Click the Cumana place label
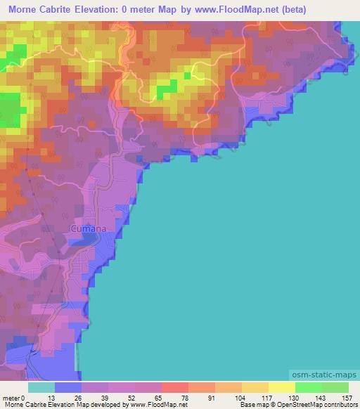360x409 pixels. tap(89, 228)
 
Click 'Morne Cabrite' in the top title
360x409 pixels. tap(41, 10)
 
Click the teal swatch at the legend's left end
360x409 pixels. tap(41, 387)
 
